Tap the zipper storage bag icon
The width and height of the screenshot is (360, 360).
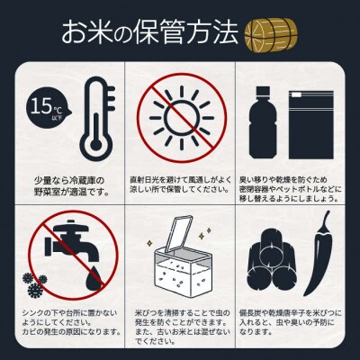310,120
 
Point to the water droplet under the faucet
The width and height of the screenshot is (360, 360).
94,282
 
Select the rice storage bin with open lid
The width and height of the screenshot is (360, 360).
179,261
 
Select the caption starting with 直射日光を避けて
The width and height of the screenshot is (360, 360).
180,184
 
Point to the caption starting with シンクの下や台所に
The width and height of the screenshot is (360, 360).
67,328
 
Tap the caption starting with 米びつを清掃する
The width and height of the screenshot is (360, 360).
180,328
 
